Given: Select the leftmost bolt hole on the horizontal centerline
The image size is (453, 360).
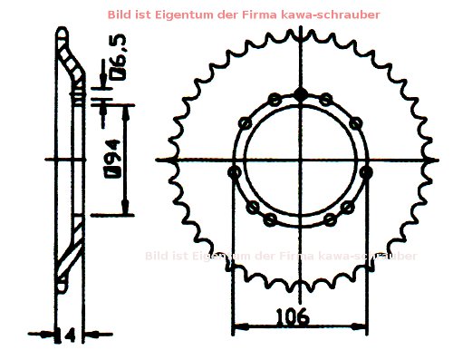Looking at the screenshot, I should [234, 171].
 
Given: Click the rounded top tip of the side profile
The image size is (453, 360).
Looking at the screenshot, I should [61, 32].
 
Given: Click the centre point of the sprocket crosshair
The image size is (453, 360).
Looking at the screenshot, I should [301, 161].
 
